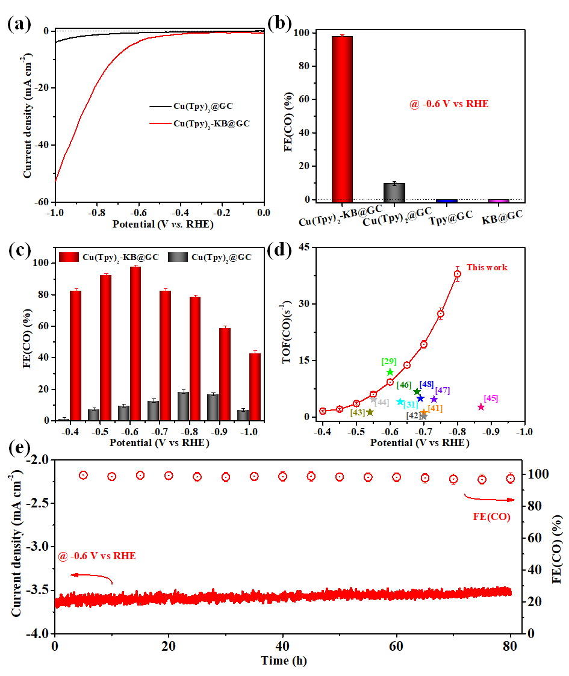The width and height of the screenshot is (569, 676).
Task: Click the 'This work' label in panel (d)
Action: [487, 267]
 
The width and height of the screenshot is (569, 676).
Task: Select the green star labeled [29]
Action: [390, 372]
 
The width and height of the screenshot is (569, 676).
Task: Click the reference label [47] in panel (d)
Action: [442, 390]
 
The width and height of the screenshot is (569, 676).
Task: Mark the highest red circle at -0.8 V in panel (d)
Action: [458, 274]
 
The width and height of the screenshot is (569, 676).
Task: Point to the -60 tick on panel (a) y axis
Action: [43, 202]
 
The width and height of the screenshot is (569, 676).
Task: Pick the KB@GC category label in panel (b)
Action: [502, 217]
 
